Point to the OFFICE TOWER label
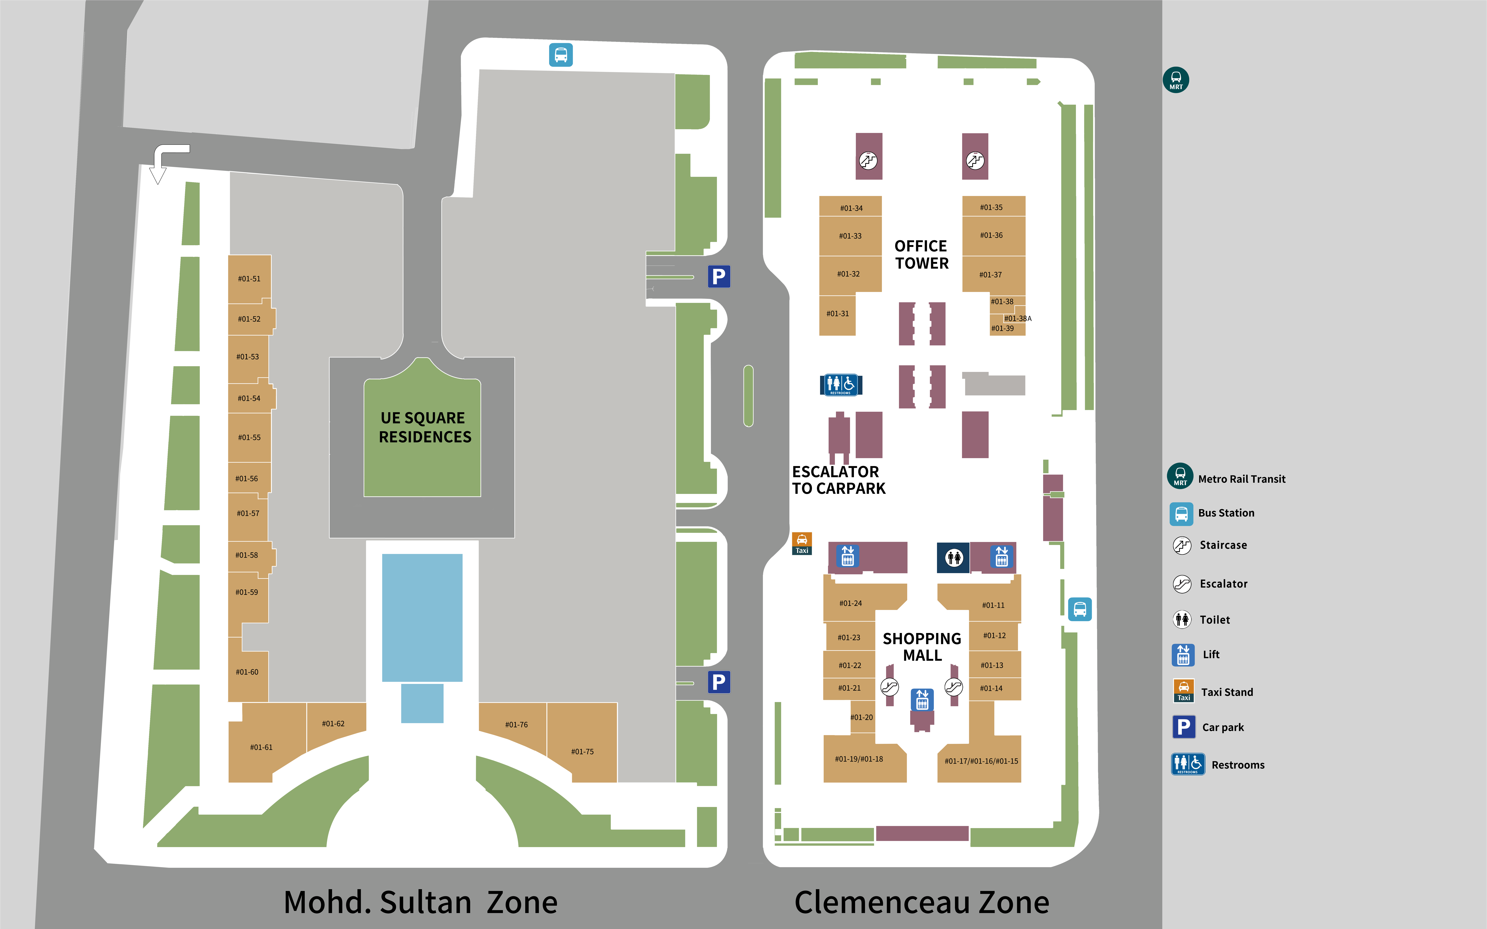click(x=921, y=254)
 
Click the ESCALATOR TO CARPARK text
click(x=838, y=480)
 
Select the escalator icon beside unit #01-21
click(x=889, y=686)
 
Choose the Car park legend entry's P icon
click(x=1184, y=727)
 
